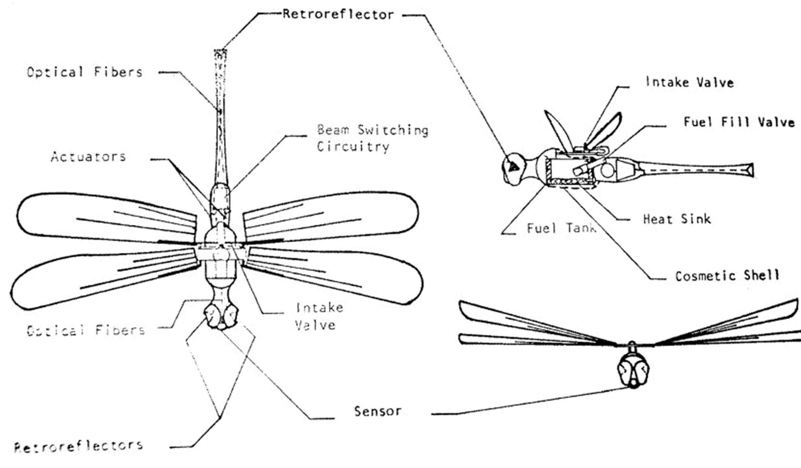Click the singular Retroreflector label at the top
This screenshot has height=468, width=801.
(338, 14)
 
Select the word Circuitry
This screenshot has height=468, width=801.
(353, 146)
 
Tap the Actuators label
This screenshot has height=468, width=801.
(88, 156)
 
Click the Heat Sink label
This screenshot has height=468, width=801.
(677, 219)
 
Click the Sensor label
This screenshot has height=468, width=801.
(378, 411)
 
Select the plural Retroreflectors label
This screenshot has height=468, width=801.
(79, 446)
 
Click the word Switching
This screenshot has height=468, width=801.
(393, 130)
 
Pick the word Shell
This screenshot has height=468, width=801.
(762, 275)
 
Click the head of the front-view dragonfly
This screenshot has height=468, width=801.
(633, 371)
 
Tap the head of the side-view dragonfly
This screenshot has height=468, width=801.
(515, 169)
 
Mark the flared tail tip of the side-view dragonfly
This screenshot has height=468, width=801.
(749, 170)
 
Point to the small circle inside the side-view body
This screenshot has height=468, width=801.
(607, 170)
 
